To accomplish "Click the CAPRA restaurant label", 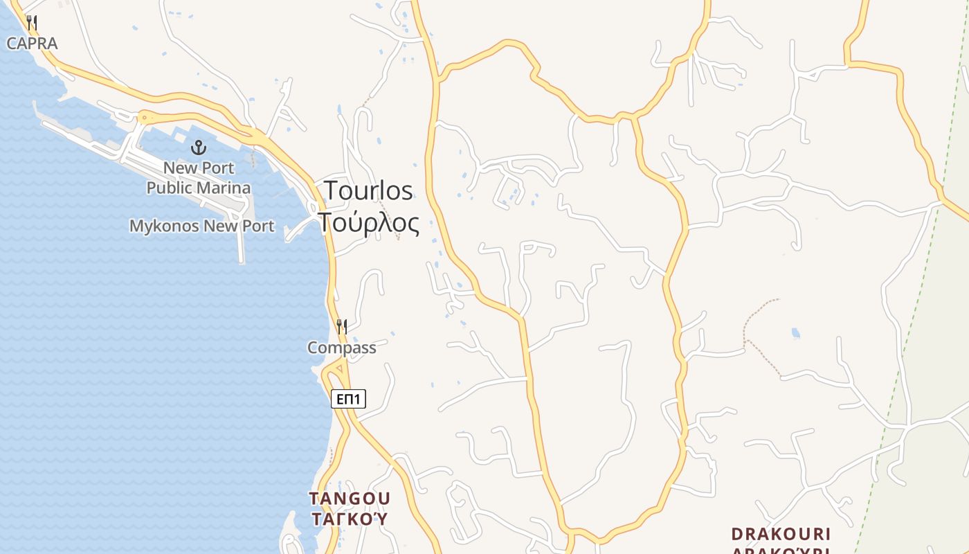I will (32, 43).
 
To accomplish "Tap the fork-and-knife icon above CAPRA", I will (32, 23).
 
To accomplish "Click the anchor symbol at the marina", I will (199, 147).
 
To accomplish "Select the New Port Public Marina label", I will (199, 177).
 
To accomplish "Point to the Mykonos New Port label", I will (201, 226).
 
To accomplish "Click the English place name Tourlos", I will (368, 190).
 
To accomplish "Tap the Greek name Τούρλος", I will (368, 223).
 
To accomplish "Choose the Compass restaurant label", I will (342, 348).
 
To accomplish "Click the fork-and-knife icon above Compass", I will (342, 326).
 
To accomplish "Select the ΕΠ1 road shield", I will (348, 399).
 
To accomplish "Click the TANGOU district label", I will (350, 499).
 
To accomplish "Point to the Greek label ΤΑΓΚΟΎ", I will (350, 519).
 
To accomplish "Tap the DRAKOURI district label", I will (781, 534).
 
